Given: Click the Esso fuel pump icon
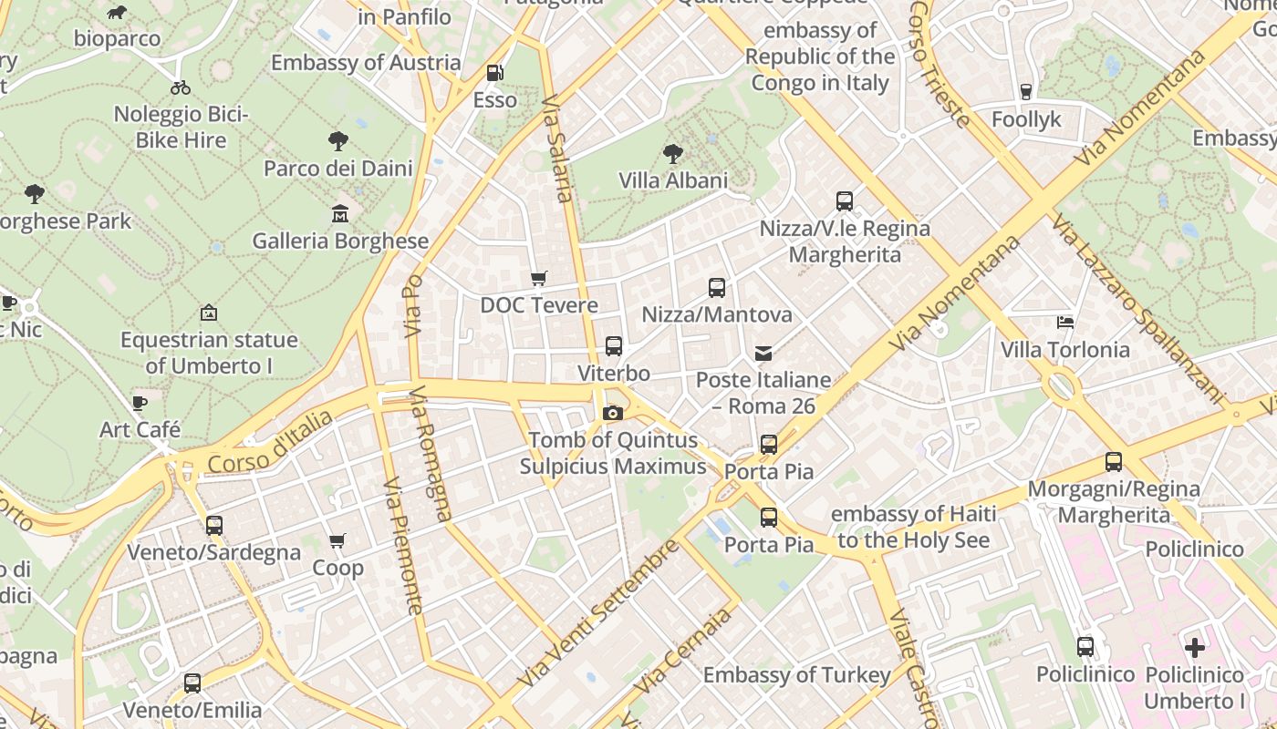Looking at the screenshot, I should pyautogui.click(x=494, y=72).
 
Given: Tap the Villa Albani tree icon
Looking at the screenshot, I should pyautogui.click(x=673, y=153).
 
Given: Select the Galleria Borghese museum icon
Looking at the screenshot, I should pyautogui.click(x=340, y=214).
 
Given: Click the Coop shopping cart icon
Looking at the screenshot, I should pyautogui.click(x=337, y=540).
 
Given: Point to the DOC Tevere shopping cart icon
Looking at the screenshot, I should pyautogui.click(x=539, y=278).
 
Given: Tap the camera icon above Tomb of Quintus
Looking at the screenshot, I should pyautogui.click(x=613, y=413).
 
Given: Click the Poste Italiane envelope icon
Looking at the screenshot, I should pyautogui.click(x=763, y=353).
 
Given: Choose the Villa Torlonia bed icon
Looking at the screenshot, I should pyautogui.click(x=1064, y=322).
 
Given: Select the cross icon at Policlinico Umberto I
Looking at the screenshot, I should pyautogui.click(x=1194, y=648).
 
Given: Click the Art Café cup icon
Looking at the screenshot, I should pyautogui.click(x=140, y=402).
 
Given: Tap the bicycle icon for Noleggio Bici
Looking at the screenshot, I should pyautogui.click(x=181, y=87).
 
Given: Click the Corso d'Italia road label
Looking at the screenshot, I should pyautogui.click(x=270, y=442).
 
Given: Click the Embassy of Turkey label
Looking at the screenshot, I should pyautogui.click(x=796, y=675).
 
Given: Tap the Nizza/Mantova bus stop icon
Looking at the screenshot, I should pyautogui.click(x=717, y=288).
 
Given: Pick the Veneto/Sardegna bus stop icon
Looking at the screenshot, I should pyautogui.click(x=214, y=526).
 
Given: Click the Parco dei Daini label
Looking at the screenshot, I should pyautogui.click(x=338, y=169).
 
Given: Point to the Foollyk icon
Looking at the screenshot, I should pyautogui.click(x=1026, y=91).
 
